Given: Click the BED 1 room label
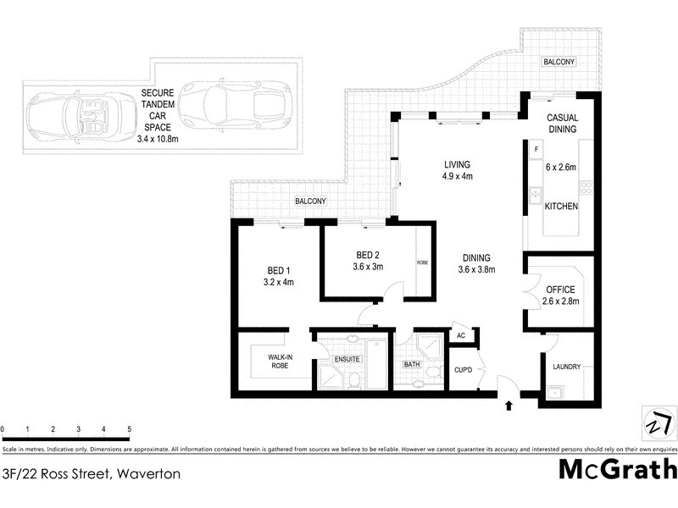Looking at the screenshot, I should pos(278,271).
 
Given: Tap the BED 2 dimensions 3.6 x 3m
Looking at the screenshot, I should pos(369,266).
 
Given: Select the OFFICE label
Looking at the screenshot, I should pos(560,290).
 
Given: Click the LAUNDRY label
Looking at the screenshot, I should pos(566,367).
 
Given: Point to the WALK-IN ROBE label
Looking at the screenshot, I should pos(281,362).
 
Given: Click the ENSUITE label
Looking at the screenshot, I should pos(347,360).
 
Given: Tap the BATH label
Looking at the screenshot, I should pos(412,365).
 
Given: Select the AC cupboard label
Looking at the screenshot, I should pos(461,335).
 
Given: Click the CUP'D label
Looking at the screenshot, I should pos(462,370).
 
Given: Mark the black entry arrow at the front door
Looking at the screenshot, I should pos(508,406).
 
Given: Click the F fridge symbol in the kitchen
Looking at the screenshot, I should pos(536,151).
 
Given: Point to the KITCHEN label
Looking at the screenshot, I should pos(561,207).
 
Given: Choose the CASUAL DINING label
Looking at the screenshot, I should pos(561,124).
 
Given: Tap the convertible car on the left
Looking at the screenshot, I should pos(64,115).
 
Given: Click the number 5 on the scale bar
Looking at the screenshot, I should pos(129,429).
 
